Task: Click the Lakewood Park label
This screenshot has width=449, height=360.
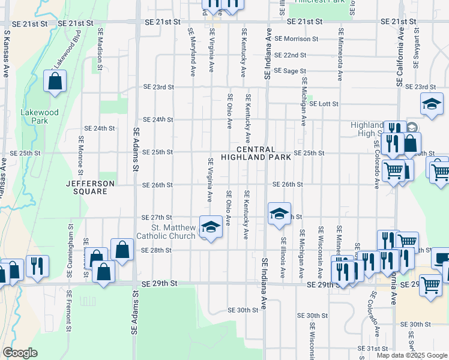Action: (39, 116)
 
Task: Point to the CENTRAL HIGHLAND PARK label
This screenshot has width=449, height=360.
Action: (256, 153)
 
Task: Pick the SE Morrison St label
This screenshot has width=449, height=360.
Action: (296, 38)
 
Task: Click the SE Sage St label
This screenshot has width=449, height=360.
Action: (290, 71)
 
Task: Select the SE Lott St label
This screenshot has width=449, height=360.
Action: (324, 104)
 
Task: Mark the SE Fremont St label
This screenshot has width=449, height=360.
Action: (70, 311)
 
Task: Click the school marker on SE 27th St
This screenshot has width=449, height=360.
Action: (279, 214)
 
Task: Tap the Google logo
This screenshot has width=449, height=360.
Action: (20, 353)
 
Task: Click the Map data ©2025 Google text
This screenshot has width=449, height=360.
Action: (412, 355)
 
